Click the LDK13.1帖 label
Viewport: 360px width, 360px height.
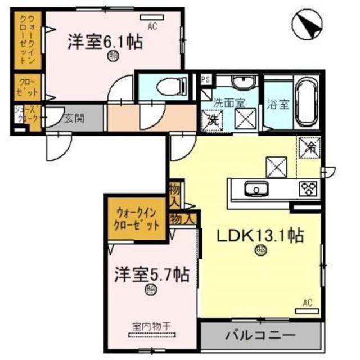coord(260,236)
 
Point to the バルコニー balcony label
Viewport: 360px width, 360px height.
coord(260,335)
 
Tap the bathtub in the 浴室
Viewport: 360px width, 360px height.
coord(307,101)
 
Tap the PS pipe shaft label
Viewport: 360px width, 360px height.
coord(205,80)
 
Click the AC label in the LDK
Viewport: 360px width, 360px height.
coord(307,303)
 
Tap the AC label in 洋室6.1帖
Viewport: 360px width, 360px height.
coord(152,26)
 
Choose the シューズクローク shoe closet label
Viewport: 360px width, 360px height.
coord(26,115)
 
